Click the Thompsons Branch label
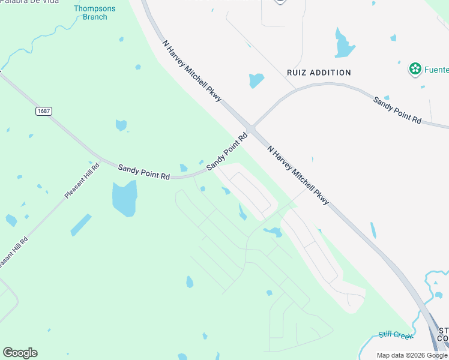pyautogui.click(x=91, y=13)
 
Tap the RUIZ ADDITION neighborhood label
pyautogui.click(x=318, y=73)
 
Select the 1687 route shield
pyautogui.click(x=43, y=111)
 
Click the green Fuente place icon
pyautogui.click(x=414, y=69)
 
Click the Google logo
pyautogui.click(x=20, y=353)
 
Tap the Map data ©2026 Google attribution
pyautogui.click(x=412, y=355)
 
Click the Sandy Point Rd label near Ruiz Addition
pyautogui.click(x=397, y=110)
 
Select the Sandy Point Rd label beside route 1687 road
pyautogui.click(x=143, y=171)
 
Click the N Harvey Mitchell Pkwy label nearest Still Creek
pyautogui.click(x=298, y=176)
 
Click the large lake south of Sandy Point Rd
pyautogui.click(x=124, y=199)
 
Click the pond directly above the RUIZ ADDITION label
pyautogui.click(x=256, y=79)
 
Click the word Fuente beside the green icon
pyautogui.click(x=436, y=70)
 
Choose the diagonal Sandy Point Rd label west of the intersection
pyautogui.click(x=227, y=152)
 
